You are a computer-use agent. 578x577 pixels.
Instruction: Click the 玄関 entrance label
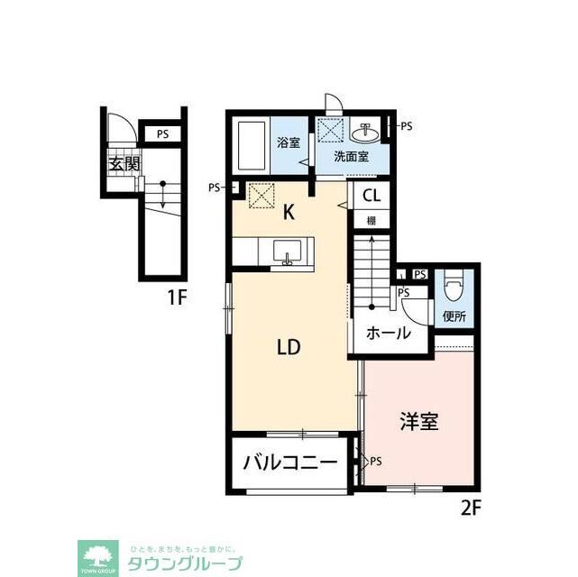tap(125, 164)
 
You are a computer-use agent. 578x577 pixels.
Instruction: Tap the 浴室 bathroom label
tap(288, 142)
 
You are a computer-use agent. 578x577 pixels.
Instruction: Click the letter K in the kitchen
tap(289, 213)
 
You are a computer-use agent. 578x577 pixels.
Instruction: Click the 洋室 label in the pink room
tap(418, 420)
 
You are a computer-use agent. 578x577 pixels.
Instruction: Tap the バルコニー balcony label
tap(290, 465)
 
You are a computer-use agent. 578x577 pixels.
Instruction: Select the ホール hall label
tap(389, 333)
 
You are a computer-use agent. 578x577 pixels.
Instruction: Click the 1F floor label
tap(175, 297)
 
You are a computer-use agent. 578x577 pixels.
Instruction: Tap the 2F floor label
tap(472, 508)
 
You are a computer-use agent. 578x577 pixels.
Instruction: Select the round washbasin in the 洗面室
tap(366, 134)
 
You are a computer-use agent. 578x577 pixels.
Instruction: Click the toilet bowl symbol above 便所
tap(454, 288)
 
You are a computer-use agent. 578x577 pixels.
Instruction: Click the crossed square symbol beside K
tap(261, 194)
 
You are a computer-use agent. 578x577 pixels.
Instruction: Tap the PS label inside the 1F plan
tap(161, 134)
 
